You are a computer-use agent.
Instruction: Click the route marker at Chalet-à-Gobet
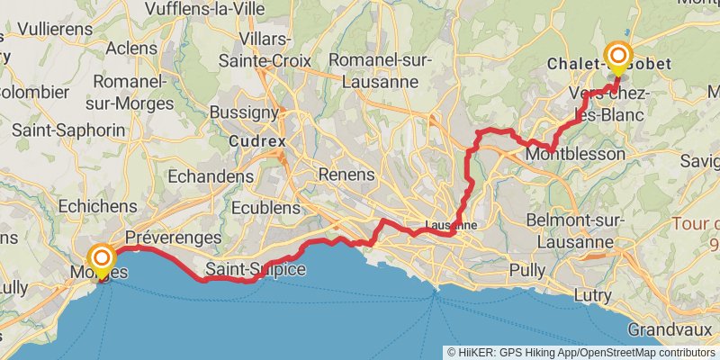point(618,58)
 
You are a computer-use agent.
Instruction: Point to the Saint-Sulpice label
point(256,270)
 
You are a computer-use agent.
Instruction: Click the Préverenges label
point(174,238)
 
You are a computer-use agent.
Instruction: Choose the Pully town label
point(526,270)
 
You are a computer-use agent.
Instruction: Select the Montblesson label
point(576,155)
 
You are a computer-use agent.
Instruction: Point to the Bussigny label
point(243,112)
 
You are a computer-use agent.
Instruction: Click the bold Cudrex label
point(256,141)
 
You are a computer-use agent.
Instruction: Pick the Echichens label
point(96,206)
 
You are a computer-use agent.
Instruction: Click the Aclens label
point(131,48)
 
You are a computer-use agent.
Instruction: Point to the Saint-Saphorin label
point(68,130)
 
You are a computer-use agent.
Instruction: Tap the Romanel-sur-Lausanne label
point(381,70)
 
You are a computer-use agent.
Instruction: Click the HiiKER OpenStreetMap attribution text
point(580,352)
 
